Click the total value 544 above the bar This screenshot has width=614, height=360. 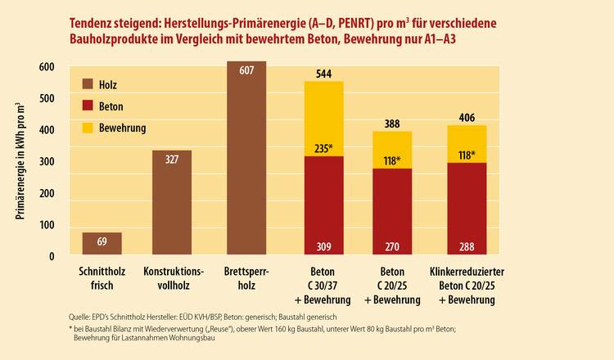point(324,74)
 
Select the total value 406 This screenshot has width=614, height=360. point(467,117)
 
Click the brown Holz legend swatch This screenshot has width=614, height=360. point(88,83)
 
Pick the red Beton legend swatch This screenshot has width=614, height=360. point(88,106)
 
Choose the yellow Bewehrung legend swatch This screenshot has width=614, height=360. point(88,128)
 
